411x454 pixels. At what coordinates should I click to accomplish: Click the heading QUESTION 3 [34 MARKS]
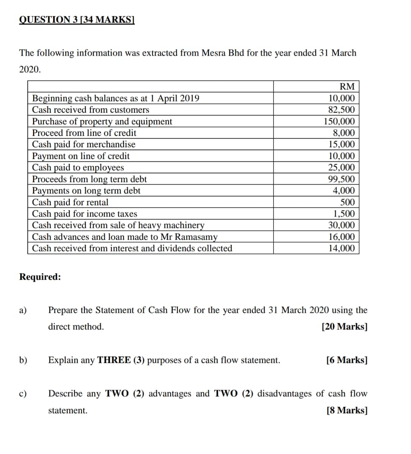[76, 20]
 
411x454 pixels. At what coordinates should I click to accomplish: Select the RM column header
[347, 87]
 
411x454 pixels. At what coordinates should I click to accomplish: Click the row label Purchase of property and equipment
[102, 121]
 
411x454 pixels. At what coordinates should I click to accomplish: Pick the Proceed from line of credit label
[84, 133]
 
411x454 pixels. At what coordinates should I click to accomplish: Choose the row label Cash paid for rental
[70, 202]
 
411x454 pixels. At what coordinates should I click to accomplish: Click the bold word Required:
[40, 277]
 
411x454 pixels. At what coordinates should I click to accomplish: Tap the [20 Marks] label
[345, 327]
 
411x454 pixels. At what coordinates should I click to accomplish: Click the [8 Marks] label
[347, 410]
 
